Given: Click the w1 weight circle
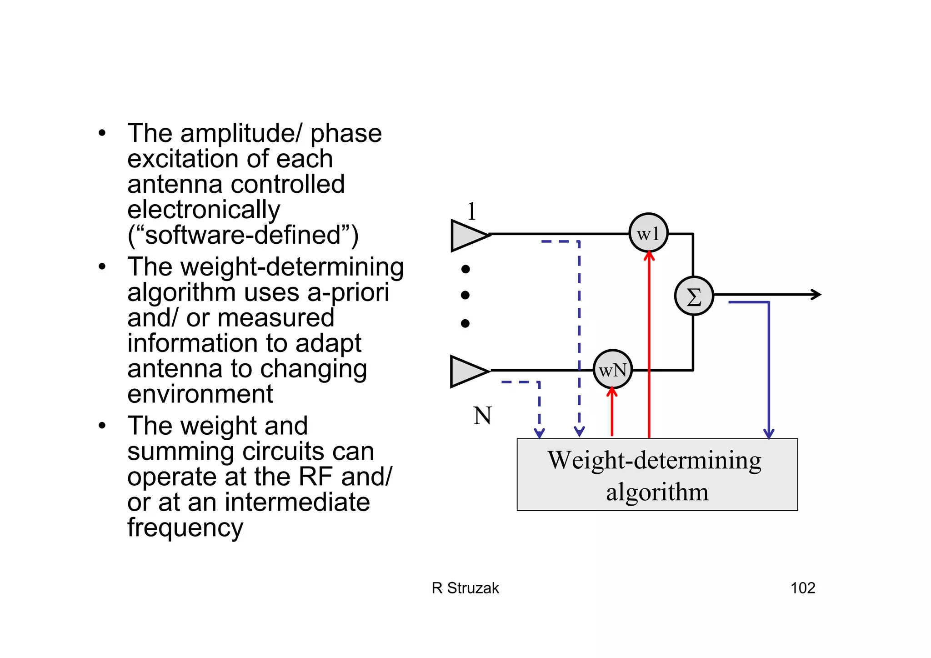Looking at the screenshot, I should point(648,233).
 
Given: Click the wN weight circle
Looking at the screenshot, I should point(612,369).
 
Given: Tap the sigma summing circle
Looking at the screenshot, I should point(694,296).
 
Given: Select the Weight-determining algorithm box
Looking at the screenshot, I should point(657,474).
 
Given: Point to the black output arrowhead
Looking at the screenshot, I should point(816,295).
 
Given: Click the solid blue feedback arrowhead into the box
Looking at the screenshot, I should point(769,433).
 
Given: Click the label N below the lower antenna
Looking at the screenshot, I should point(482,416).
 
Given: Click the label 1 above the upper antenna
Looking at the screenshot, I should point(472,211).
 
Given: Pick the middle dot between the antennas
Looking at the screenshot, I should point(465,295).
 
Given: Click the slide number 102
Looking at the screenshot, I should point(802,588).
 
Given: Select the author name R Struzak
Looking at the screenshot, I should point(465,588).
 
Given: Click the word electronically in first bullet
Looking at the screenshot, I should point(204,210).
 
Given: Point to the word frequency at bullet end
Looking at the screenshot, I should point(185,528).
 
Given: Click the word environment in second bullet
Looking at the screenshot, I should point(200,394).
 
